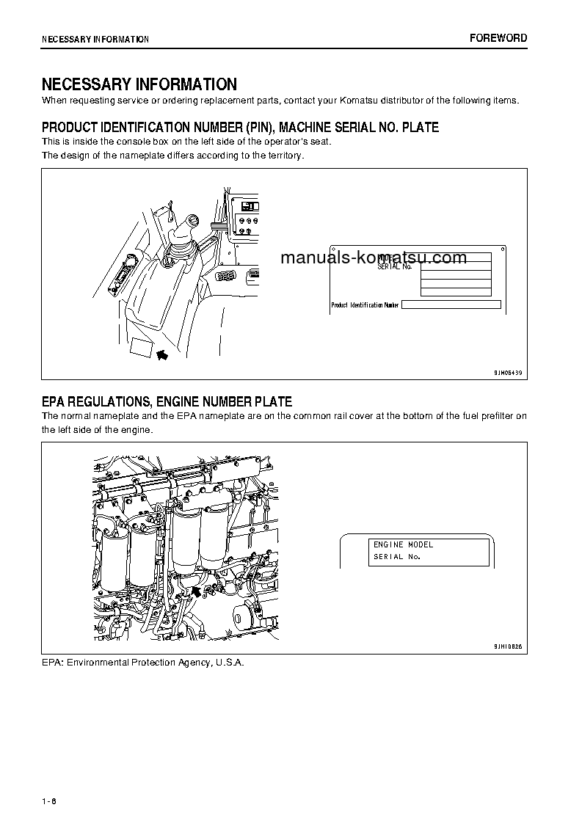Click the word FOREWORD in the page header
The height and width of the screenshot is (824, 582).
[x=498, y=38]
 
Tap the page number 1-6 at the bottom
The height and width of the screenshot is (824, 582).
[x=49, y=800]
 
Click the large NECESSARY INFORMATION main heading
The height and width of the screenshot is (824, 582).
[x=139, y=84]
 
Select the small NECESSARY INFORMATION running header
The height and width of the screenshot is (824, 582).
[x=95, y=40]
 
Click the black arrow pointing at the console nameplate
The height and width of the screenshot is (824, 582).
[x=162, y=354]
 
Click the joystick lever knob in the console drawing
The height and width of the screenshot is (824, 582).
[x=194, y=219]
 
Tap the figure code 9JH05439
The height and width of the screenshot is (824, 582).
[x=507, y=373]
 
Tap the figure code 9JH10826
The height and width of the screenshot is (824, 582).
[x=507, y=646]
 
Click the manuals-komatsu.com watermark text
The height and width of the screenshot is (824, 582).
[x=374, y=258]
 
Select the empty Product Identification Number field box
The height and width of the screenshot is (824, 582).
[x=451, y=305]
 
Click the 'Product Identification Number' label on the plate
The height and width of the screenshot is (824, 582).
[x=365, y=305]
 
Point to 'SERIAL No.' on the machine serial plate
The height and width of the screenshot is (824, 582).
[x=394, y=266]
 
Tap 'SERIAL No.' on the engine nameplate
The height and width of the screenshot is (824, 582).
[x=397, y=557]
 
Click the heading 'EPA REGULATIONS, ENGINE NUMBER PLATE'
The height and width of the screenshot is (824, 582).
[x=167, y=401]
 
